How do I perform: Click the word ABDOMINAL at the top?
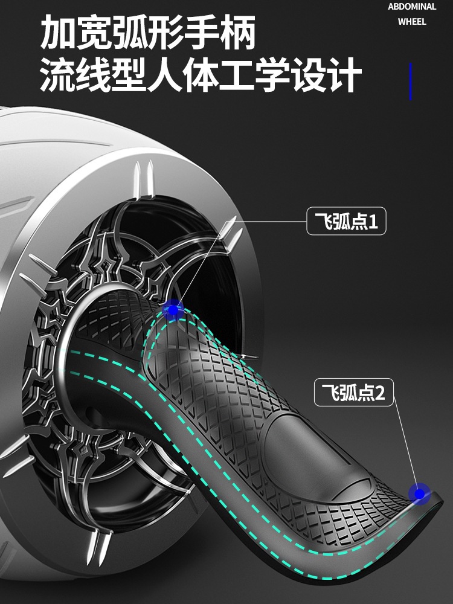tap(412, 7)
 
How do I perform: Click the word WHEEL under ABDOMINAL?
tap(412, 22)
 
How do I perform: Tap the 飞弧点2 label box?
tap(353, 394)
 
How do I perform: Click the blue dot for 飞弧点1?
tap(173, 310)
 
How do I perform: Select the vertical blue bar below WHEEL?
tap(411, 81)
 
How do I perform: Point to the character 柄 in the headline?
tap(238, 33)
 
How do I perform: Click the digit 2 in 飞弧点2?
tap(380, 395)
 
